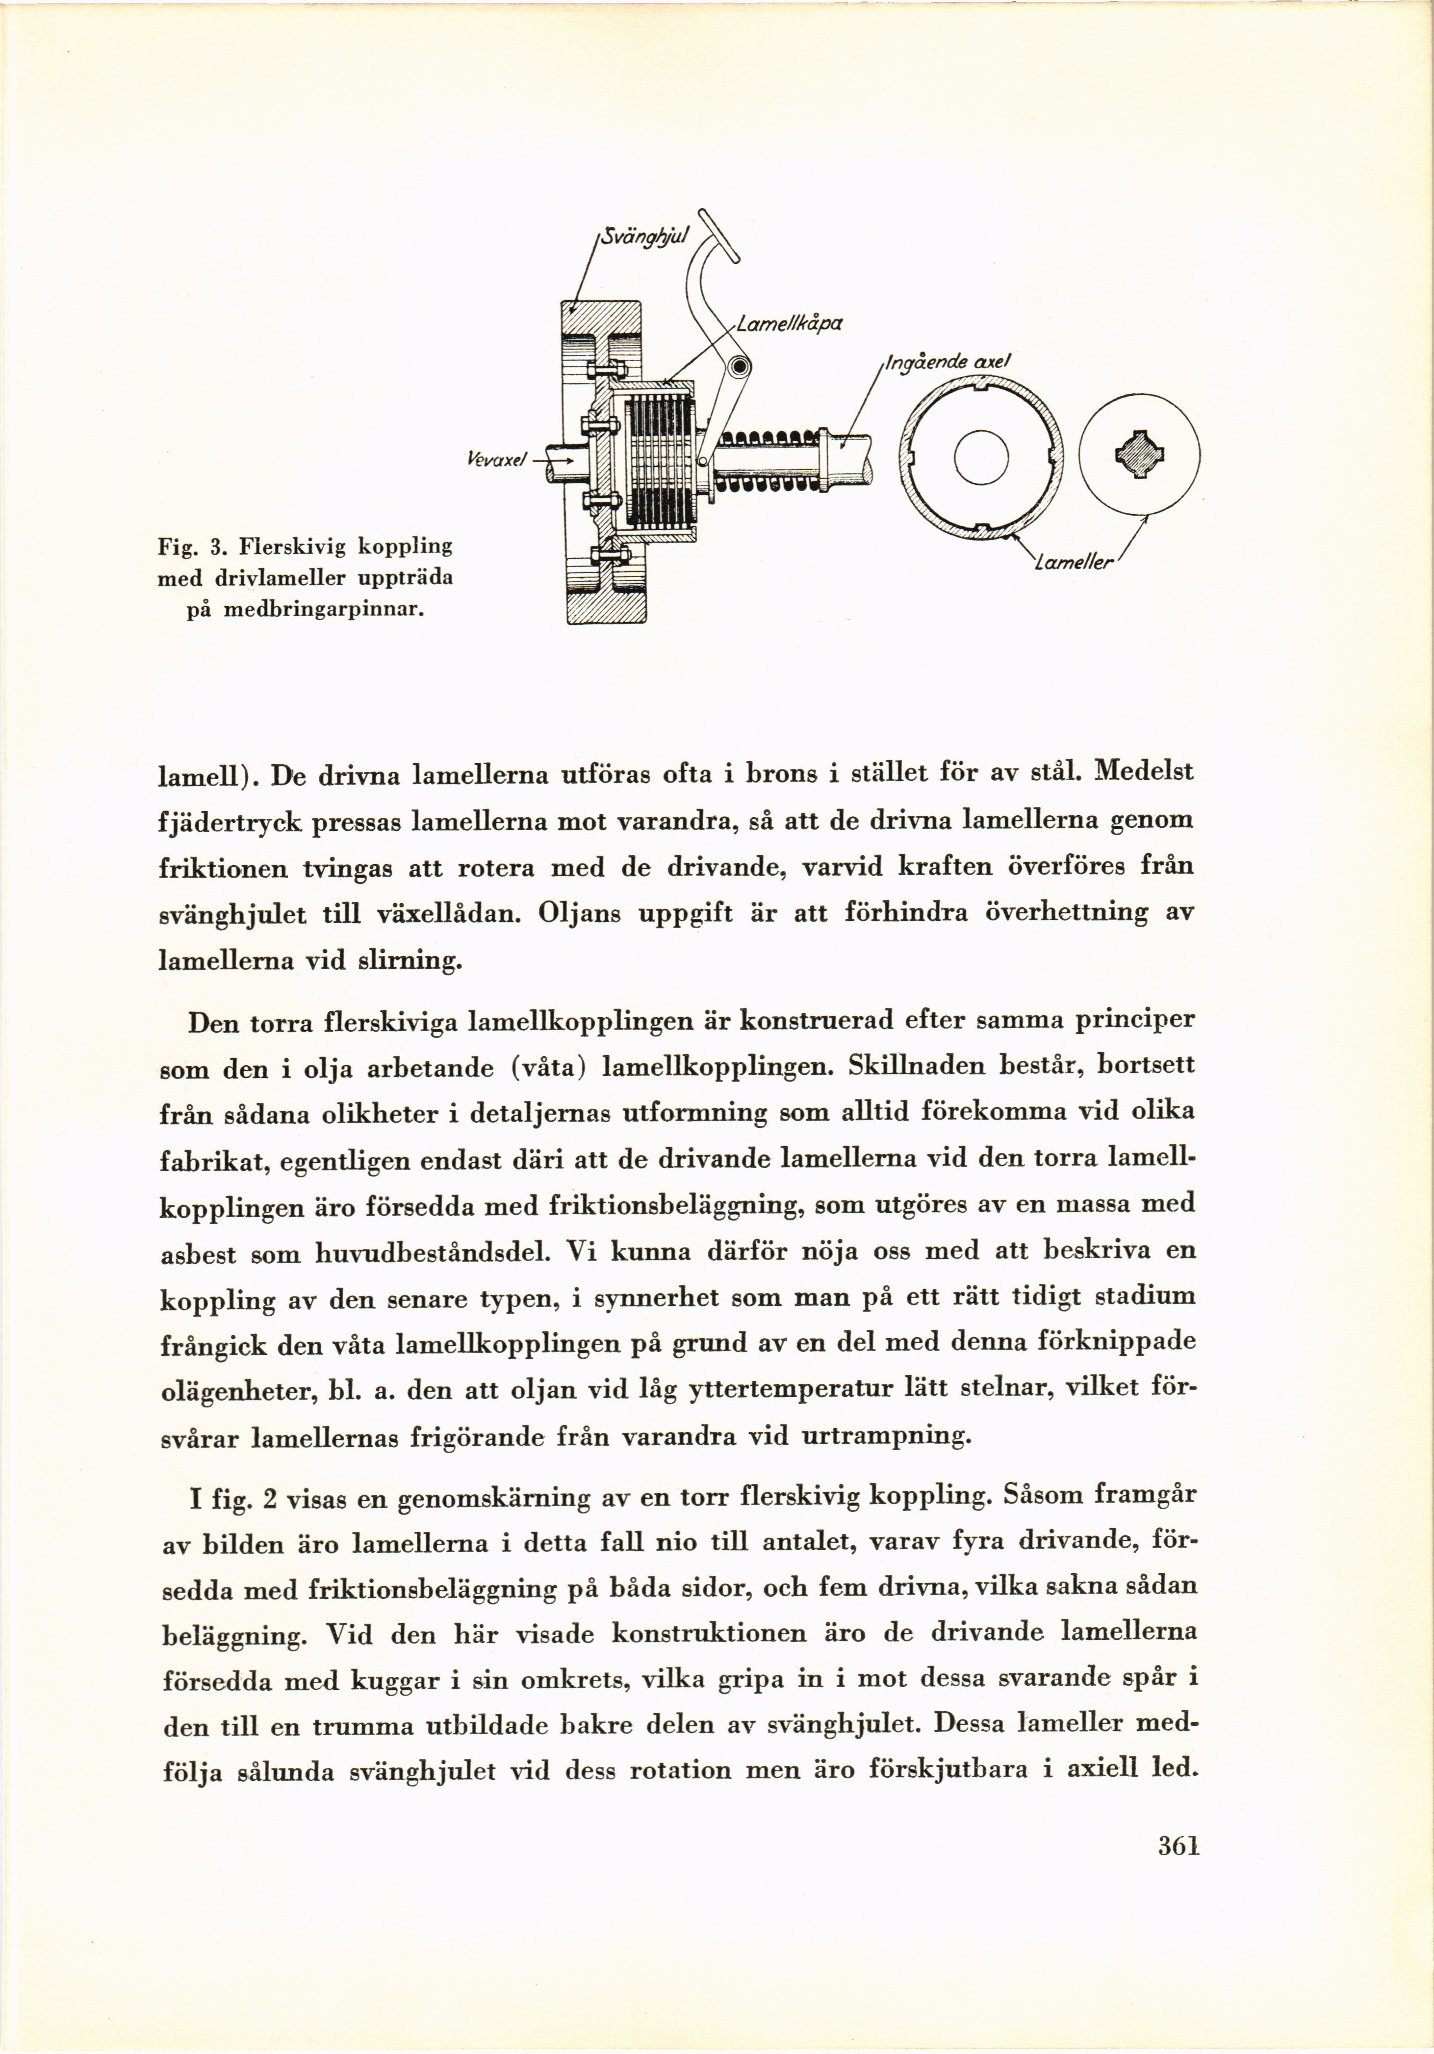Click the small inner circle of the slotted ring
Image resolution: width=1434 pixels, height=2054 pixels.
pos(981,458)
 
